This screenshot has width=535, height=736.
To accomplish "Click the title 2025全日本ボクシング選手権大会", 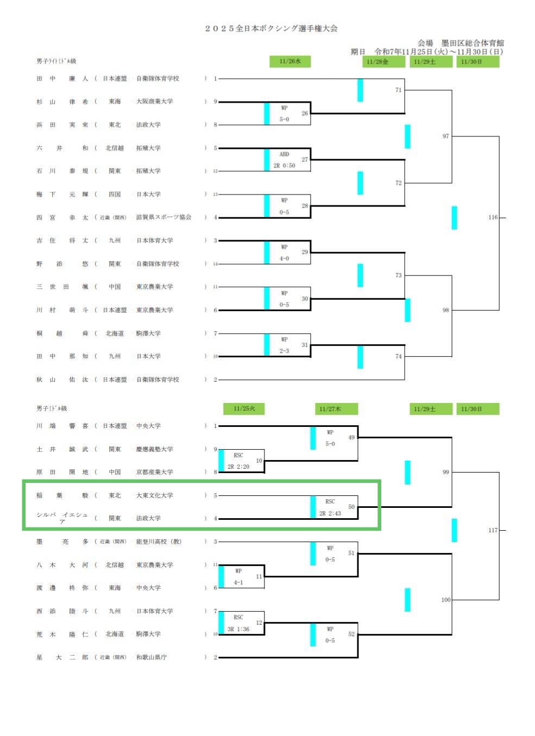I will tap(271, 28).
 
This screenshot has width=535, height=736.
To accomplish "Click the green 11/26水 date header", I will tap(290, 61).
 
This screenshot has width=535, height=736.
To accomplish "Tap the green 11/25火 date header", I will tap(244, 408).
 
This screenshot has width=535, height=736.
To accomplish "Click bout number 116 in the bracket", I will tap(493, 217).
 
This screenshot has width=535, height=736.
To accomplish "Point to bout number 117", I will tap(493, 530).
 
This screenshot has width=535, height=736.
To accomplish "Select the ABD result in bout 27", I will tap(284, 154).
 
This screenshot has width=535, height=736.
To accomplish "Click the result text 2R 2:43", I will tap(330, 513).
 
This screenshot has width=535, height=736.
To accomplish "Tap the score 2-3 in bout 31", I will tap(284, 351).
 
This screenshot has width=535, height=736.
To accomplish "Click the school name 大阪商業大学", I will tap(155, 102).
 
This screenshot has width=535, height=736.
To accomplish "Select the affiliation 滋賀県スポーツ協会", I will tap(163, 217).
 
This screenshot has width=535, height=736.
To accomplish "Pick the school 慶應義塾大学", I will tap(155, 449).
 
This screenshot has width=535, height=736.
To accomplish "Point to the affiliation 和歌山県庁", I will tap(152, 657).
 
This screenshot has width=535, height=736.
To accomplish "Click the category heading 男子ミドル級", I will tap(52, 408).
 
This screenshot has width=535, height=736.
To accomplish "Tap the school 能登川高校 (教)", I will tap(159, 542).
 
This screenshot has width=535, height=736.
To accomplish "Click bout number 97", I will tap(445, 136).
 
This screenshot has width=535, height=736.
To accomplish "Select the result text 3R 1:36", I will tap(238, 629).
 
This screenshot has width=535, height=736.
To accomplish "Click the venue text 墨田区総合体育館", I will tap(473, 43).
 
